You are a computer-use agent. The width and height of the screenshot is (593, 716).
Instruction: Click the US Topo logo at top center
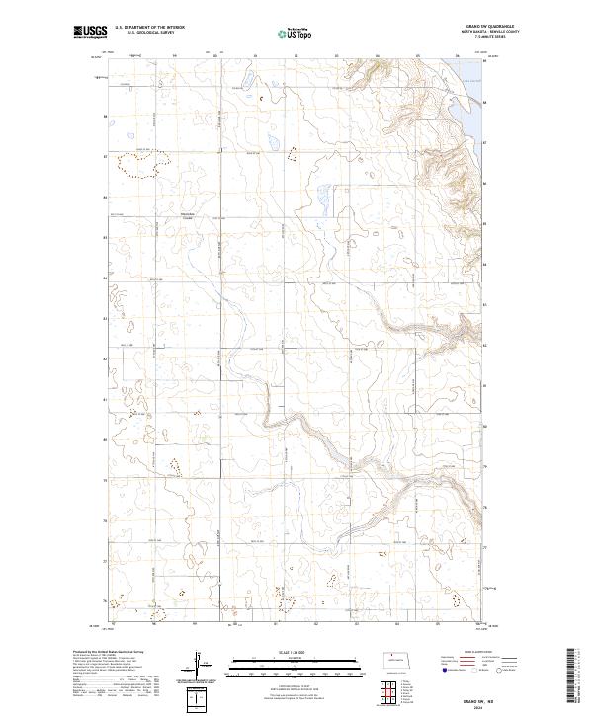click(287, 34)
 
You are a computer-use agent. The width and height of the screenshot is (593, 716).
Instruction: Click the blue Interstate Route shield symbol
click(441, 668)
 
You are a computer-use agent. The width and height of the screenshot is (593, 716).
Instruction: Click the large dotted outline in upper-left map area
click(135, 165)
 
